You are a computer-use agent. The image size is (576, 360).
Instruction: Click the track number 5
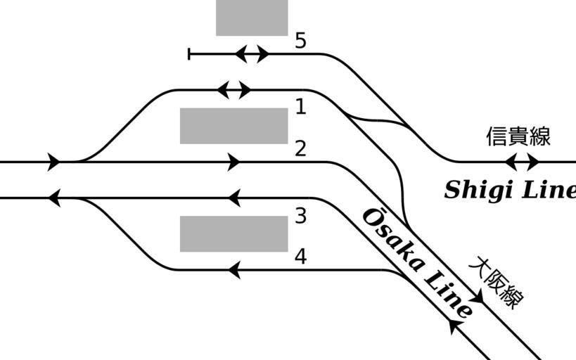click(300, 41)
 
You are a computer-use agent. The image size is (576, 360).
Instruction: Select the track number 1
click(300, 107)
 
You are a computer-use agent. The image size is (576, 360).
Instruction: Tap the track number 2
click(300, 148)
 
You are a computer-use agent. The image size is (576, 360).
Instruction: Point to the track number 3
click(300, 216)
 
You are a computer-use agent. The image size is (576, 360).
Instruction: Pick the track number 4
click(300, 257)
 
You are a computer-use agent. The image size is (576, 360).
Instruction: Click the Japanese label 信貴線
click(518, 136)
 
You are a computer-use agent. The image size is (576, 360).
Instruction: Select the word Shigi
click(479, 190)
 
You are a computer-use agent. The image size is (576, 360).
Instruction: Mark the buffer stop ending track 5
click(189, 54)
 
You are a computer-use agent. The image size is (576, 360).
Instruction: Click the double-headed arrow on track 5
click(251, 54)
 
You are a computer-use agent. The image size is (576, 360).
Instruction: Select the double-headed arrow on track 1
click(233, 90)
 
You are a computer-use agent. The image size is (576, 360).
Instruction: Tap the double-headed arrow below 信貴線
click(522, 162)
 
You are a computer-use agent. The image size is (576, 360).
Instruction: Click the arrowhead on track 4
click(234, 269)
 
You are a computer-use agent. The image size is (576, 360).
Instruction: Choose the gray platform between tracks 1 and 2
click(233, 126)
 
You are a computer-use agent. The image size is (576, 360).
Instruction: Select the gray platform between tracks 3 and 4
click(233, 233)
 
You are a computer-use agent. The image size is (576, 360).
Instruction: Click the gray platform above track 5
click(252, 17)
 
